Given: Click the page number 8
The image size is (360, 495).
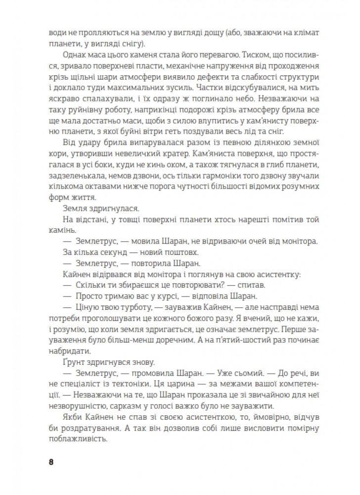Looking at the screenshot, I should coord(51,462).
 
